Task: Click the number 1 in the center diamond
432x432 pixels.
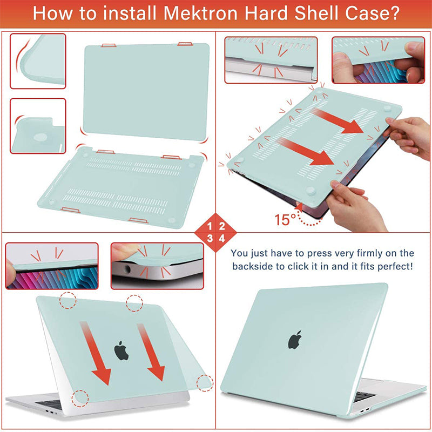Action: point(210,226)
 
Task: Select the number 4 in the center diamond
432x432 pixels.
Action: point(222,238)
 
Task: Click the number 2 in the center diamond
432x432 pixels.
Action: point(222,226)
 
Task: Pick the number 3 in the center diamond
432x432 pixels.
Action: point(210,238)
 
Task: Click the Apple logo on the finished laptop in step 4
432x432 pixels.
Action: point(294,340)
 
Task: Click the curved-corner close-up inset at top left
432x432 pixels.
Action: point(38,60)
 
